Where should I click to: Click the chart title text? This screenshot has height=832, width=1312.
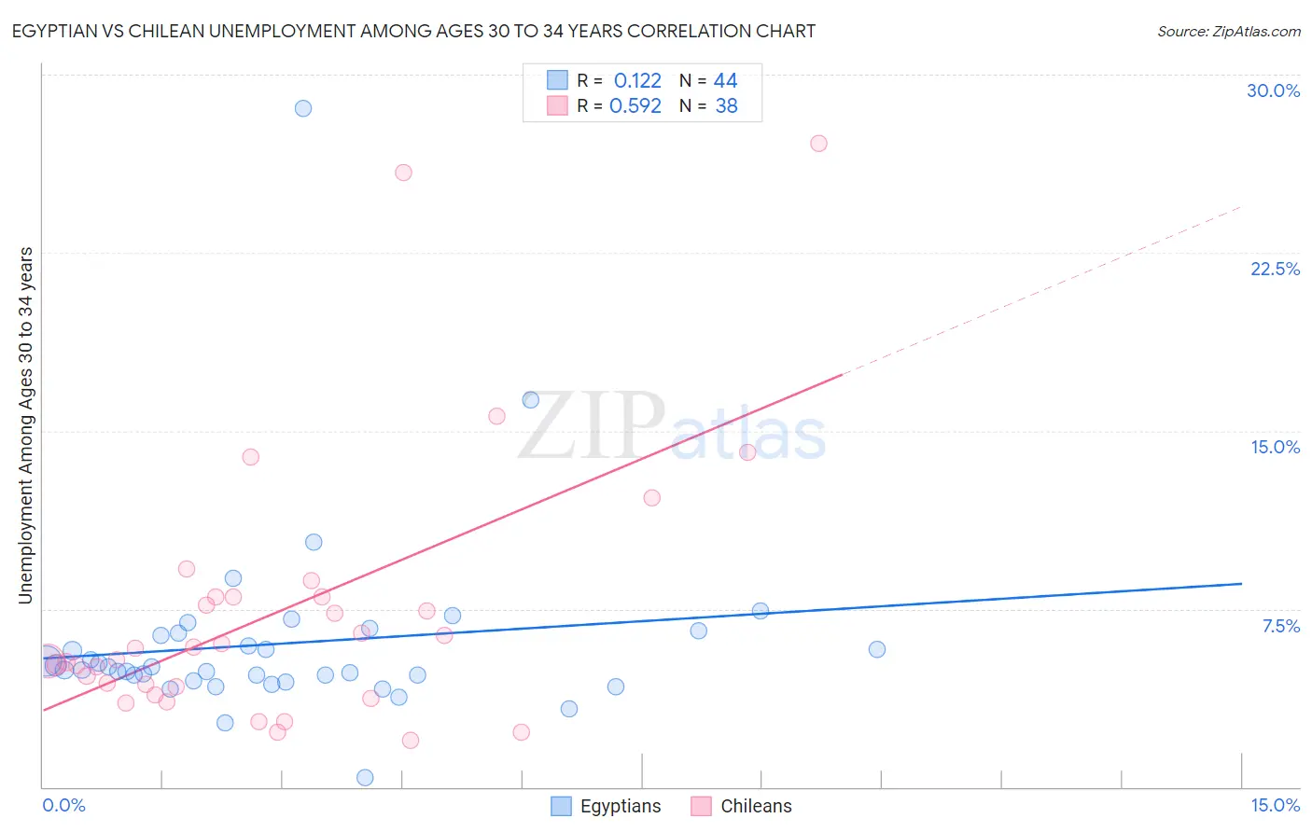pyautogui.click(x=413, y=31)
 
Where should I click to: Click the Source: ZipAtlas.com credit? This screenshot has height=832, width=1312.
pyautogui.click(x=1228, y=31)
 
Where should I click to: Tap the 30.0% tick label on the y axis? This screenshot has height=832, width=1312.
pyautogui.click(x=1273, y=90)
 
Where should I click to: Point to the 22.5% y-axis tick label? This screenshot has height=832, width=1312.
pyautogui.click(x=1275, y=269)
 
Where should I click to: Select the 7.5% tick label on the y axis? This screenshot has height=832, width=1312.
pyautogui.click(x=1280, y=626)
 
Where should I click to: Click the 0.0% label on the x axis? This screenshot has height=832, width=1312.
pyautogui.click(x=63, y=805)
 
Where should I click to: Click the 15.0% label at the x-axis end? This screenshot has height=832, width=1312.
pyautogui.click(x=1275, y=805)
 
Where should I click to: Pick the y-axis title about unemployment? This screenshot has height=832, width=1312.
pyautogui.click(x=25, y=424)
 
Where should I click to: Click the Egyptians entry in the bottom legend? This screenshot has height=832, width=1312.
pyautogui.click(x=620, y=806)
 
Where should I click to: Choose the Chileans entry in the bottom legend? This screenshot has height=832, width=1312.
pyautogui.click(x=756, y=806)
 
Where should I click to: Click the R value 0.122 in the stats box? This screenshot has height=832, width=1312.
pyautogui.click(x=637, y=81)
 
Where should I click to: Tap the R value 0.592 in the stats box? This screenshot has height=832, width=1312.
pyautogui.click(x=635, y=106)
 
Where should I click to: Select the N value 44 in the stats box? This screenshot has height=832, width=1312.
pyautogui.click(x=725, y=81)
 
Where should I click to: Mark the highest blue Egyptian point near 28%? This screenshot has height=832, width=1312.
pyautogui.click(x=303, y=108)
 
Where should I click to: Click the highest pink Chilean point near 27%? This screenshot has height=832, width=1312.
pyautogui.click(x=818, y=144)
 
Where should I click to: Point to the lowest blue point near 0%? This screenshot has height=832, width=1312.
pyautogui.click(x=365, y=778)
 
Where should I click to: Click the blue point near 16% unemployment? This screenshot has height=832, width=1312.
pyautogui.click(x=531, y=400)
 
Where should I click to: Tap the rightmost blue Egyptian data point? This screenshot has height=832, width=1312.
pyautogui.click(x=877, y=649)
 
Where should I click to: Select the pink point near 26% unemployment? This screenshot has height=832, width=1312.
pyautogui.click(x=403, y=173)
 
